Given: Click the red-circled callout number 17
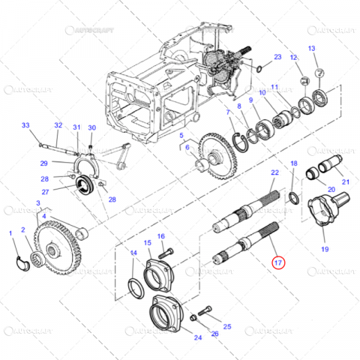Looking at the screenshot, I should [279, 262].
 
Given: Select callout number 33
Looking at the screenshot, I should [25, 125].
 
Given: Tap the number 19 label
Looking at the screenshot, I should [325, 248].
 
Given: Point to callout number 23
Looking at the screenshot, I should [277, 57].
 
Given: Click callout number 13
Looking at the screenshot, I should [313, 49].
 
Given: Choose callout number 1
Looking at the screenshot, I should [11, 234].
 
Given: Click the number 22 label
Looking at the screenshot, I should [275, 173].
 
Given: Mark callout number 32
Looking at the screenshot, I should [58, 125].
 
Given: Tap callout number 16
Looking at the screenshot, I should [161, 236].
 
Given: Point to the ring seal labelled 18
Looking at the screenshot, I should [294, 199].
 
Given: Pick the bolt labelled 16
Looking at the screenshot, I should [167, 250].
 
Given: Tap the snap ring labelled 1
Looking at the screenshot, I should [22, 259].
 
